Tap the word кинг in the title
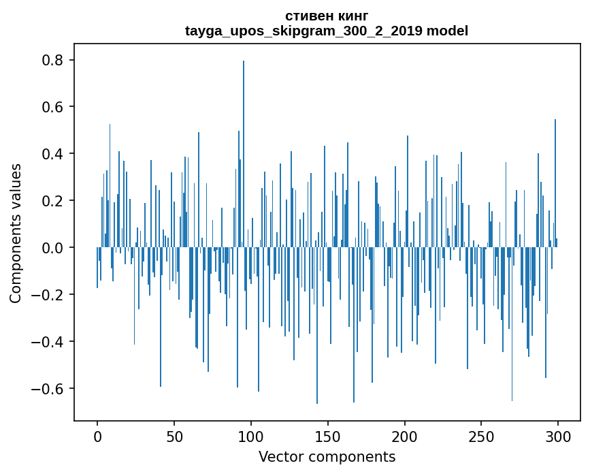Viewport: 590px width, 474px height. coord(352,16)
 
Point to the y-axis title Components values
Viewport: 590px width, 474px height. coord(16,233)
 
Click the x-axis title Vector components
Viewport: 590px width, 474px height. coord(327,456)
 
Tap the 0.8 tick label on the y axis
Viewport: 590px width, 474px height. coord(52,60)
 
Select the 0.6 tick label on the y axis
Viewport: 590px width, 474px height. coord(52,107)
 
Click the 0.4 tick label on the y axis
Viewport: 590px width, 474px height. coord(52,154)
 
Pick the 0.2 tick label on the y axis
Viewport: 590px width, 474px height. coord(52,201)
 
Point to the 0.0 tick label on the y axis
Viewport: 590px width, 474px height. coord(52,248)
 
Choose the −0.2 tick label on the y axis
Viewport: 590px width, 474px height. coord(48,295)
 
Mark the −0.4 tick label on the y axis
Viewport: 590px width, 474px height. coord(48,342)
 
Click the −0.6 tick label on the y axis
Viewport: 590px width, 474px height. coord(48,389)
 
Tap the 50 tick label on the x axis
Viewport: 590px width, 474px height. coord(174,435)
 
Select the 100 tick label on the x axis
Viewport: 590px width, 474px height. coord(251,435)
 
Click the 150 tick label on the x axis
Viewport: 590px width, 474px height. coord(328,435)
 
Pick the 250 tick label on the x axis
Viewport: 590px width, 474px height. coord(482,435)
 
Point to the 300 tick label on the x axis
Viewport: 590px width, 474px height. coord(558,435)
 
